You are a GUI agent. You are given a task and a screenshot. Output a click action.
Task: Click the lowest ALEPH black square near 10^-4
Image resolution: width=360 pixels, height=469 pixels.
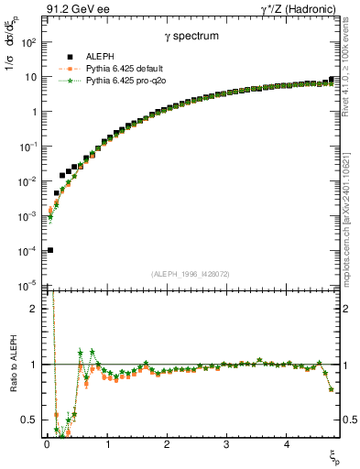pos(50,250)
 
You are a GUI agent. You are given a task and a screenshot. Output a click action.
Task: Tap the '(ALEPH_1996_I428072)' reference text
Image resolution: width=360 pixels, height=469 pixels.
pos(191,273)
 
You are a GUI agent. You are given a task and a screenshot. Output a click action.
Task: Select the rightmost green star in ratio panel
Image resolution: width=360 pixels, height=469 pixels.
pos(331,390)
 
